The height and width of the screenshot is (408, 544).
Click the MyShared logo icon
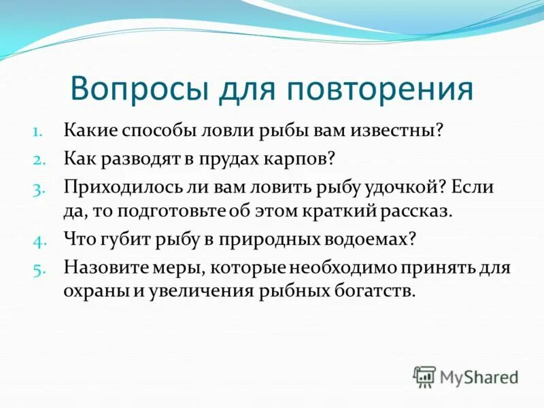(x=424, y=376)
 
